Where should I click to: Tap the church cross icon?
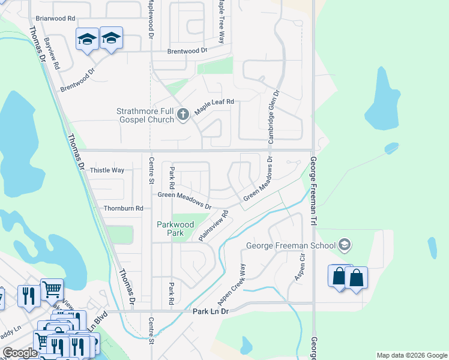[x=184, y=114]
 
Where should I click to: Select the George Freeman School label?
[x=292, y=245]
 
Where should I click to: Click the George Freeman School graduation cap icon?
[x=345, y=245]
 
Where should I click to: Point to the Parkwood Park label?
[x=176, y=229]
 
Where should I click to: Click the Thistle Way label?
[x=107, y=170]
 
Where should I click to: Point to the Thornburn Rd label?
[x=123, y=208]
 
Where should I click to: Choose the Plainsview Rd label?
[x=214, y=226]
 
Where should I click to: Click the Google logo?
[x=20, y=353]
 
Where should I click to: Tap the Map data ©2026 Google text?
[x=411, y=355]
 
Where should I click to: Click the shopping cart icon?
[x=52, y=289]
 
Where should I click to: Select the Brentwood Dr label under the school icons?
[x=78, y=80]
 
